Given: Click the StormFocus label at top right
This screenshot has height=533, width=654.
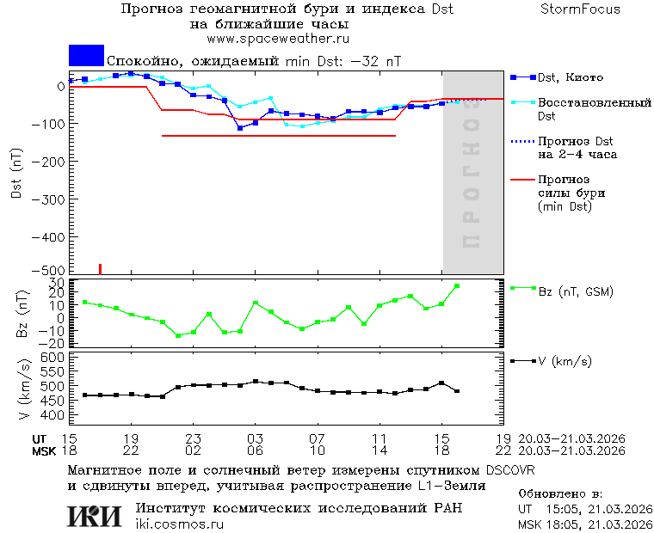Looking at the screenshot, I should pyautogui.click(x=580, y=9).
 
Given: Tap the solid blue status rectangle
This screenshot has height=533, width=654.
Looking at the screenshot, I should pyautogui.click(x=86, y=55).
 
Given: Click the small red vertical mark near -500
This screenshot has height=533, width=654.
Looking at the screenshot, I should pyautogui.click(x=100, y=269).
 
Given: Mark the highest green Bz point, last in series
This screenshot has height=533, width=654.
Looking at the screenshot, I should pyautogui.click(x=457, y=286).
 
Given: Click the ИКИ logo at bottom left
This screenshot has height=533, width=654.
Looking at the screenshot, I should pyautogui.click(x=94, y=516).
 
